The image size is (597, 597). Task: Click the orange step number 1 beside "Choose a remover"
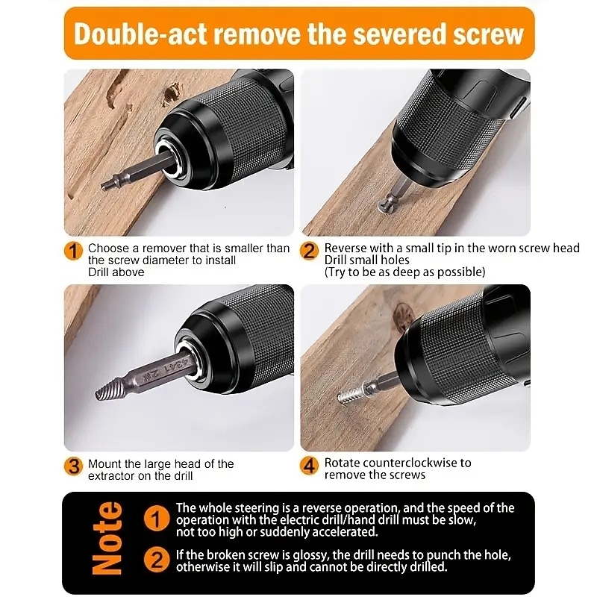coord(73,251)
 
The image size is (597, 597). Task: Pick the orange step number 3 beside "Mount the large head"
coord(73,466)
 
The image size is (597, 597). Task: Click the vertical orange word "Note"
coord(107,538)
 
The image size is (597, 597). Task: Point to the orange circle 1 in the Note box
coord(156,517)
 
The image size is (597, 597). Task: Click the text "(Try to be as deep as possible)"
coord(404,272)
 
